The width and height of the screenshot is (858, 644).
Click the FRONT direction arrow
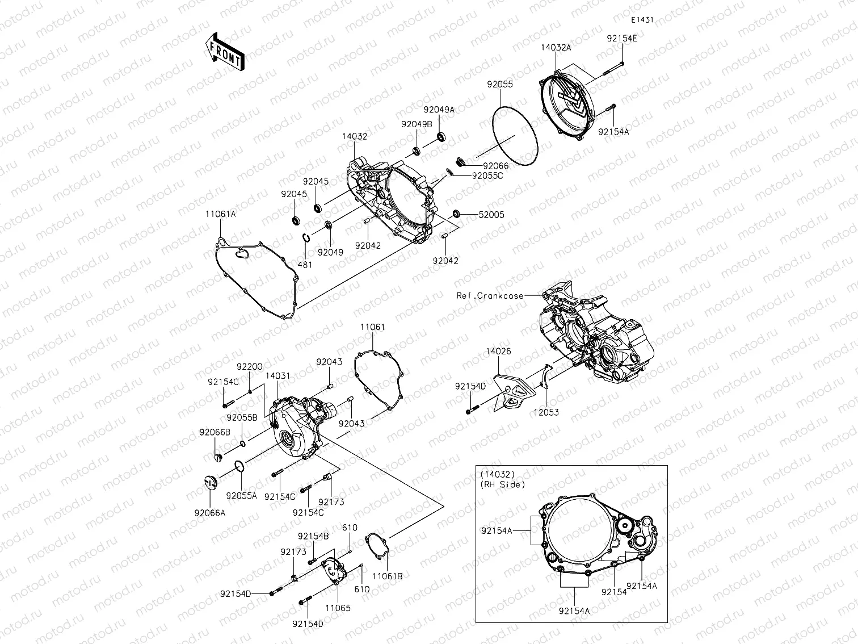224,51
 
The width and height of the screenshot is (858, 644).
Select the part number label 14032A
556,48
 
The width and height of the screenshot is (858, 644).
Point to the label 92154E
621,39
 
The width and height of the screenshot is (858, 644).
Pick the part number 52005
491,215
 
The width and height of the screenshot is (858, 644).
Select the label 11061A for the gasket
220,214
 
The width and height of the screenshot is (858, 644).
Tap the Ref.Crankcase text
490,295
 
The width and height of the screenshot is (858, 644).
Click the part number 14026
498,352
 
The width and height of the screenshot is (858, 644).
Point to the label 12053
545,412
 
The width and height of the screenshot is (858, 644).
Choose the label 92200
250,367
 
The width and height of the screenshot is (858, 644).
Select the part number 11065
338,608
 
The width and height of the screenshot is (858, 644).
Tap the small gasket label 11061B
388,576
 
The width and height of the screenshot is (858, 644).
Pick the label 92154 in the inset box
614,591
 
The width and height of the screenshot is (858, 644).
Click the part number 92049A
439,110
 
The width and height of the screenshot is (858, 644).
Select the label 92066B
214,432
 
